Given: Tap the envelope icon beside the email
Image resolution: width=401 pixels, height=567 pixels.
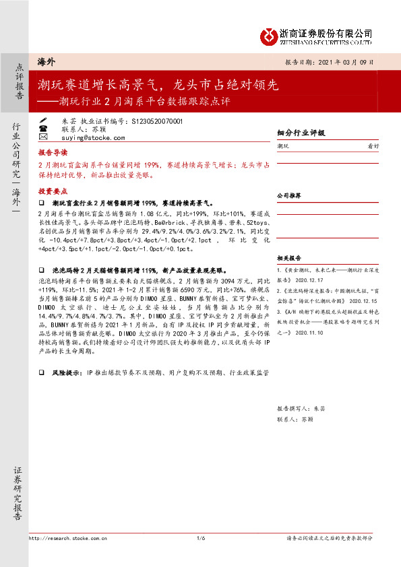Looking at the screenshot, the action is (43, 137).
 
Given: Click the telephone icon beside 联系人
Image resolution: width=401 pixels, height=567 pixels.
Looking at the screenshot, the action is (43, 128).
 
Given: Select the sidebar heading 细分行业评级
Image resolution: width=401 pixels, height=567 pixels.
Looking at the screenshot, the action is (301, 133).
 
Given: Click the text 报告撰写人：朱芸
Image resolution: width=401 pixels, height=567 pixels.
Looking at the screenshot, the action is (301, 408).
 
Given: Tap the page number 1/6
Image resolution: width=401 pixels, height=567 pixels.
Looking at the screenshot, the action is (200, 538).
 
